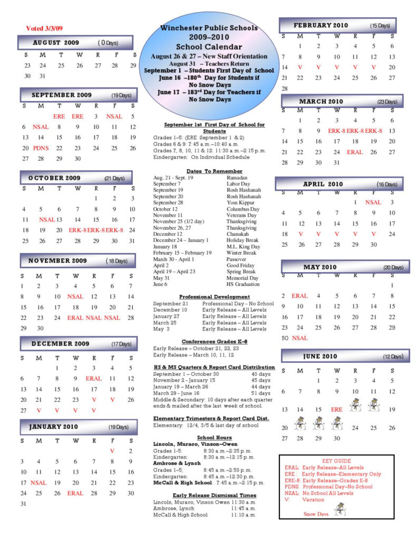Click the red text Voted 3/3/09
pos(44,28)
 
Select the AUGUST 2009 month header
pos(56,42)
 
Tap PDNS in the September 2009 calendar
pos(41,148)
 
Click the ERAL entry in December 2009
pos(93,378)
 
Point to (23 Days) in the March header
pos(387,101)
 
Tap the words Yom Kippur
pos(239,202)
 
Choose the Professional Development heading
pos(214,297)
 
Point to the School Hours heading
pos(214,438)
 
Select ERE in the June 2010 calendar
pos(336,409)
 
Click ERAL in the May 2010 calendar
pos(299,296)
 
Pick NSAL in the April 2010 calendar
pos(373,202)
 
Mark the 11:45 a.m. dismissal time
pos(243,508)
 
